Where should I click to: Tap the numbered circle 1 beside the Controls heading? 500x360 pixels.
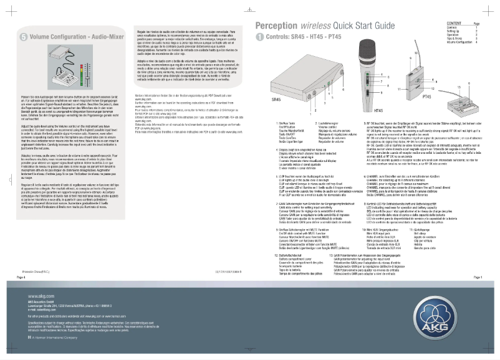point(260,37)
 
